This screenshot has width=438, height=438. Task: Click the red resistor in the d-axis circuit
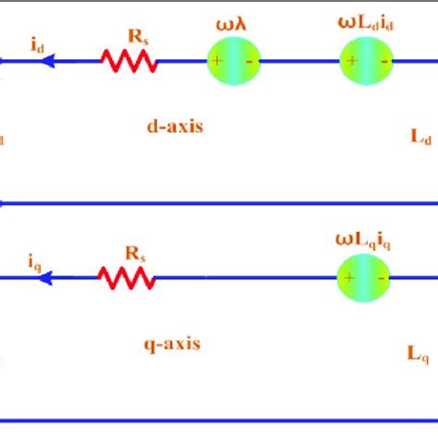click(128, 61)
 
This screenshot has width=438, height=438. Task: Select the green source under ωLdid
click(367, 62)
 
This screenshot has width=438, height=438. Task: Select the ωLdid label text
click(365, 19)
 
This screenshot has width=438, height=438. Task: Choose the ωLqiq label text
click(365, 241)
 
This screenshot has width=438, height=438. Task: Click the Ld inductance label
click(420, 137)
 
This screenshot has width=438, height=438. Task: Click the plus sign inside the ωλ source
click(217, 62)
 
